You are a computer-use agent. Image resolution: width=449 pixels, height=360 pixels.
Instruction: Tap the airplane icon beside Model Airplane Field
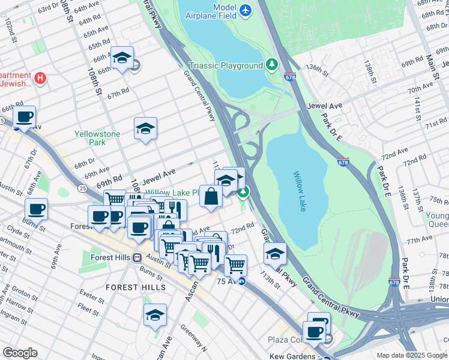pyautogui.click(x=245, y=10)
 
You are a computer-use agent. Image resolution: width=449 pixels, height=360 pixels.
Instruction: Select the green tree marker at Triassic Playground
pyautogui.click(x=272, y=64)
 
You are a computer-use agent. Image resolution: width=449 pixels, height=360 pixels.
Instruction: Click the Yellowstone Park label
pyautogui.click(x=97, y=138)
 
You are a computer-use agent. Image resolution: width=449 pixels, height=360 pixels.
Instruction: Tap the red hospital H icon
pyautogui.click(x=40, y=77)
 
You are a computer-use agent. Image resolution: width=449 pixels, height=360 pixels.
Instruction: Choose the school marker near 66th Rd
pyautogui.click(x=122, y=58)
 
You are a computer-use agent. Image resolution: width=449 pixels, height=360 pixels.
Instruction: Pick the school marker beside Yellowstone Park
pyautogui.click(x=145, y=128)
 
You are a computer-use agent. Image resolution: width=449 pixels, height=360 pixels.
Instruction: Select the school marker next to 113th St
pyautogui.click(x=275, y=253)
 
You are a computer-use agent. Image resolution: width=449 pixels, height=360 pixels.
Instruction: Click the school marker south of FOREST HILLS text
pyautogui.click(x=155, y=315)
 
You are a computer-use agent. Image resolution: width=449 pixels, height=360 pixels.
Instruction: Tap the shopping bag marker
pyautogui.click(x=211, y=196)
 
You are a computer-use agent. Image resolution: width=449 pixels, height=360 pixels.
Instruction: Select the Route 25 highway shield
pyautogui.click(x=81, y=188)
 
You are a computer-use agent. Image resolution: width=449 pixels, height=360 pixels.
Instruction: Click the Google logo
pyautogui.click(x=20, y=353)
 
